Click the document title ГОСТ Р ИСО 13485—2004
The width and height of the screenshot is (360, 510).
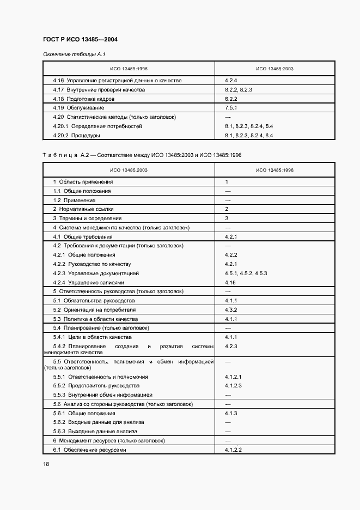80,40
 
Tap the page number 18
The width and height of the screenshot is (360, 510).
46,464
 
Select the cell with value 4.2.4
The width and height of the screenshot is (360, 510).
231,80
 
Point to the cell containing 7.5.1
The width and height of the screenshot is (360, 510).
231,108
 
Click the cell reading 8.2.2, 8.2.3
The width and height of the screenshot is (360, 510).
238,89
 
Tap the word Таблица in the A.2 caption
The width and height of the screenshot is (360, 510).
60,155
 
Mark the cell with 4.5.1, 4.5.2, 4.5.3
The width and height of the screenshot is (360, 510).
245,273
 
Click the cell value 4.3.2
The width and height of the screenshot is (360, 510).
231,309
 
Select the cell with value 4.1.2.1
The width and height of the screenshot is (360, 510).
233,377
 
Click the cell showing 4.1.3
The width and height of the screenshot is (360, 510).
231,413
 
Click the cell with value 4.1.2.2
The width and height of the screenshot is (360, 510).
233,450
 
